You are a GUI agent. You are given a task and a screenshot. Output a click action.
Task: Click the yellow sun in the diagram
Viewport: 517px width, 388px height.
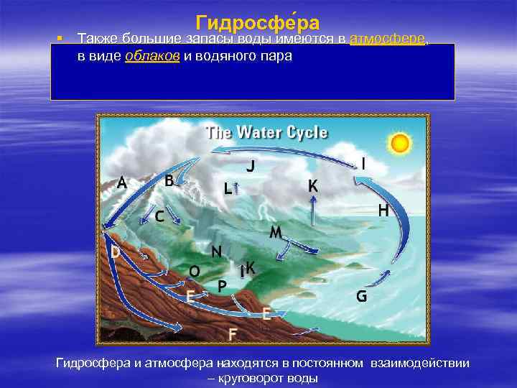400,144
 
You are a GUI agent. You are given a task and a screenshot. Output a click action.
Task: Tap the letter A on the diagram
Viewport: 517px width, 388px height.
123,183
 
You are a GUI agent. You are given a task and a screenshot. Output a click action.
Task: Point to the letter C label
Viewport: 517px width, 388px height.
159,215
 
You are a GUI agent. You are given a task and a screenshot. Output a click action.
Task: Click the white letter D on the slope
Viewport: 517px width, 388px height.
115,252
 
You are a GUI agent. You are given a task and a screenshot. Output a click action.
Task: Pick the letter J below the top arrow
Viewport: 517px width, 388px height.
251,166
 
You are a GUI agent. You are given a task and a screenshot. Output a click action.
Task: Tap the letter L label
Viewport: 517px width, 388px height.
227,190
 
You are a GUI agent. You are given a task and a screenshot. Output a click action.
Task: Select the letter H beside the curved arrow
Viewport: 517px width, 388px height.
383,211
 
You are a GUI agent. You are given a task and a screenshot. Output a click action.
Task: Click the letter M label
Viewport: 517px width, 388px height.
275,232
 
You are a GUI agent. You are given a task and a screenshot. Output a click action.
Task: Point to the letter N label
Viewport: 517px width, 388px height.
215,251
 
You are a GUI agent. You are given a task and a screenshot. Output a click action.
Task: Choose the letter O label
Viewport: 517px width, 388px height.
194,271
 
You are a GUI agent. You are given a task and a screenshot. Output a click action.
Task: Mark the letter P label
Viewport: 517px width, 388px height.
223,286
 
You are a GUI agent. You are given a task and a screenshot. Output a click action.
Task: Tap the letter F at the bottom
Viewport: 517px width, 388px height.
233,334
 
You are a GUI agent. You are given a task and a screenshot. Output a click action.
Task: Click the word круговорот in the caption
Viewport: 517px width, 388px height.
237,378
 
